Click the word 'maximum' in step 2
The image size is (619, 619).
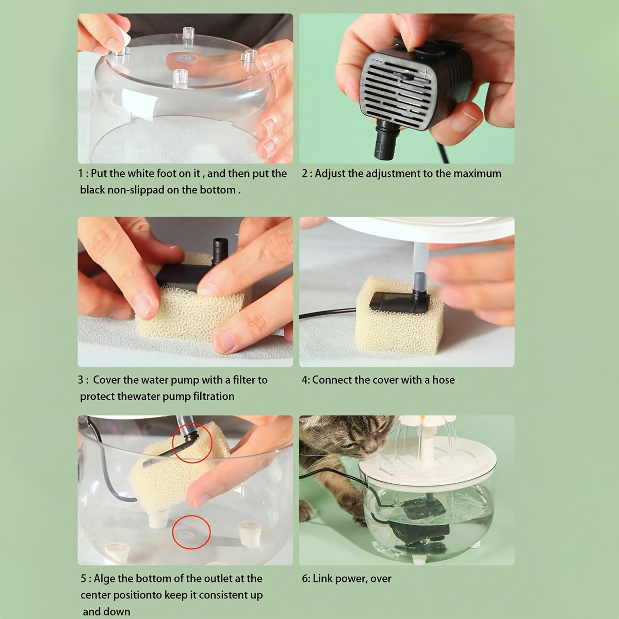[x=477, y=173]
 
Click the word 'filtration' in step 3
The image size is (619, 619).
[x=214, y=396]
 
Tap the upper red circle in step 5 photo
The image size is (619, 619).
[x=192, y=443]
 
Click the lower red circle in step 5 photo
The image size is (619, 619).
[x=191, y=532]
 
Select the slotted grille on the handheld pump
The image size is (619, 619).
[x=398, y=93]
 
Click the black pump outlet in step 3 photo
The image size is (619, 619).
[x=220, y=251]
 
